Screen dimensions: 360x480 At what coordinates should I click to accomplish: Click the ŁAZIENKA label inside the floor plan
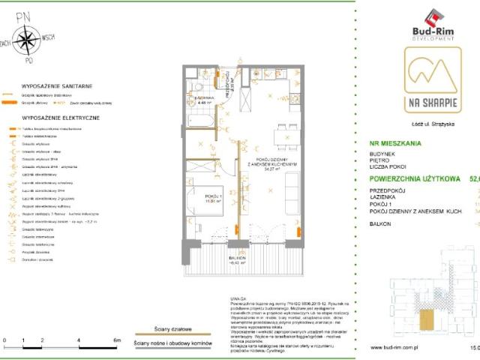204,98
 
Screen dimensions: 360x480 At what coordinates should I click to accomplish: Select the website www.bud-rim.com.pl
399,348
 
